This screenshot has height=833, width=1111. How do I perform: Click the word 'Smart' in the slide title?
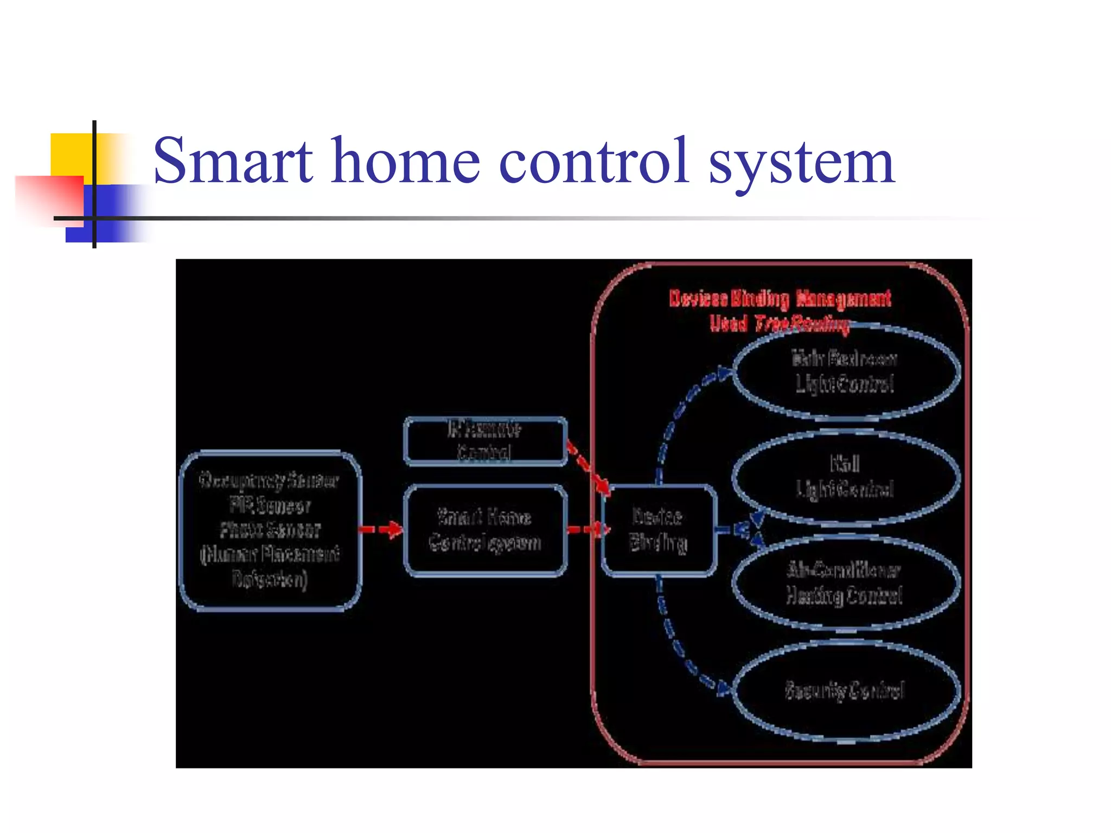coord(233,161)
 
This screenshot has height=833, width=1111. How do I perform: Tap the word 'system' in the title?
coord(801,163)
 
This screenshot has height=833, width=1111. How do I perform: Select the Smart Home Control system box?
coord(485,530)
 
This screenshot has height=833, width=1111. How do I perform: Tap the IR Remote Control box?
coord(485,441)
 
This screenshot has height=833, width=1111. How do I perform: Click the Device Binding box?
coord(658,530)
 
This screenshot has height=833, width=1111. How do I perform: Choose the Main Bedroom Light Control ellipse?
coord(845,372)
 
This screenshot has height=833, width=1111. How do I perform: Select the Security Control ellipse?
coord(845,690)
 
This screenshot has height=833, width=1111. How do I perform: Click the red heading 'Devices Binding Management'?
coord(780,299)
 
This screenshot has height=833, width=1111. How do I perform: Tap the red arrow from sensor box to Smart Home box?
coord(382,529)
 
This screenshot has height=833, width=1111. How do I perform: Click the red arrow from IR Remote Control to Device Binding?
coord(588,469)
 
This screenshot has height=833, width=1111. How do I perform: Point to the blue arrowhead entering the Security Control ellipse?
coord(724,689)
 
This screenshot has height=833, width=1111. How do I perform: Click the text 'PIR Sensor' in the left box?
coord(270,505)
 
